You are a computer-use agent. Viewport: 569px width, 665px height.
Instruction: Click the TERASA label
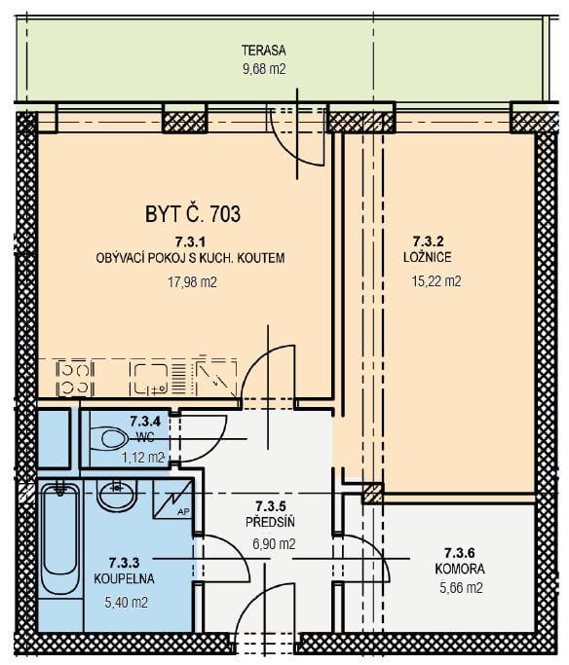point(263,51)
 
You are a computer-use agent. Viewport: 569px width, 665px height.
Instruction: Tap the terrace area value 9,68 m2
point(264,69)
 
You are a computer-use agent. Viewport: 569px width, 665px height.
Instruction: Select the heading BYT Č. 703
point(193,213)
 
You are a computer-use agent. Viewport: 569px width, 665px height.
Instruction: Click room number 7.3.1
point(190,241)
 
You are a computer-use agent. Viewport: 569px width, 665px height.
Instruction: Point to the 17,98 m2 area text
point(192,282)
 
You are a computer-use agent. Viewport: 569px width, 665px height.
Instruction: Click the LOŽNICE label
point(428,257)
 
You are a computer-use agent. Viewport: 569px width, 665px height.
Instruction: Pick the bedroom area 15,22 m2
point(436,281)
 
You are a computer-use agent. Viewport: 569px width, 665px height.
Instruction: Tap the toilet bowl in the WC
point(109,438)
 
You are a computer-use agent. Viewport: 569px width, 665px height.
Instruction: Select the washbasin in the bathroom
point(117,494)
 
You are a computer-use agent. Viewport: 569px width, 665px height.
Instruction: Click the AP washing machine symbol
point(171,499)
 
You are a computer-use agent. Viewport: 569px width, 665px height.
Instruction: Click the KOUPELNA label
point(124,578)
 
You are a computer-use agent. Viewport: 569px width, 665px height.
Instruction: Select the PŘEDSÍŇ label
point(270,522)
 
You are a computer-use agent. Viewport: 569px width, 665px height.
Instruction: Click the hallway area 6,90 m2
point(274,543)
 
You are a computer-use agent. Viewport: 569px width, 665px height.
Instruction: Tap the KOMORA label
point(460,569)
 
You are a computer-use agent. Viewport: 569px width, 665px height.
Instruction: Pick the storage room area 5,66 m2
point(461,588)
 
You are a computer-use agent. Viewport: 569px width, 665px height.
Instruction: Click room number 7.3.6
point(460,553)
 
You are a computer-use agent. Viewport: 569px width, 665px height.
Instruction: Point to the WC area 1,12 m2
point(143,458)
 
